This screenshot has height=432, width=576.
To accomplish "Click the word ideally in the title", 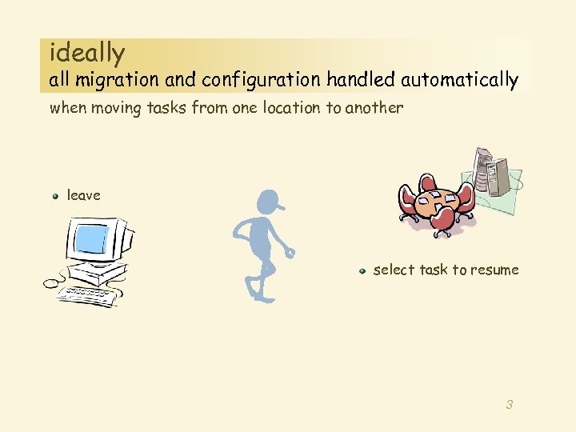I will (87, 54).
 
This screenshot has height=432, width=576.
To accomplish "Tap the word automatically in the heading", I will (459, 80).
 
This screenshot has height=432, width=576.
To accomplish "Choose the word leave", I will (84, 195).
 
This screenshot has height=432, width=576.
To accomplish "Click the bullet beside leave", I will (56, 195).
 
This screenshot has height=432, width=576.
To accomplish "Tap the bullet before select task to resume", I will (362, 270).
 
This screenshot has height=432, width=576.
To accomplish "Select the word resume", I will (495, 270).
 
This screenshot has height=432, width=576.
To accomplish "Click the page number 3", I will (509, 405).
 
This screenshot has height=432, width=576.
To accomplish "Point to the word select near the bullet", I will (393, 270).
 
